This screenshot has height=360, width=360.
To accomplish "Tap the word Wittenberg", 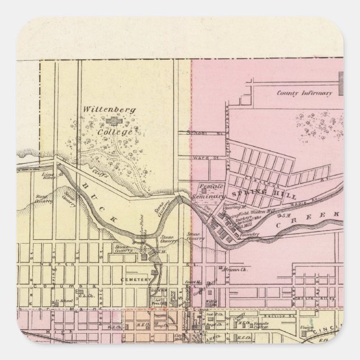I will coord(101,110).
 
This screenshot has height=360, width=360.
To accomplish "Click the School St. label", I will coord(198,134).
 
